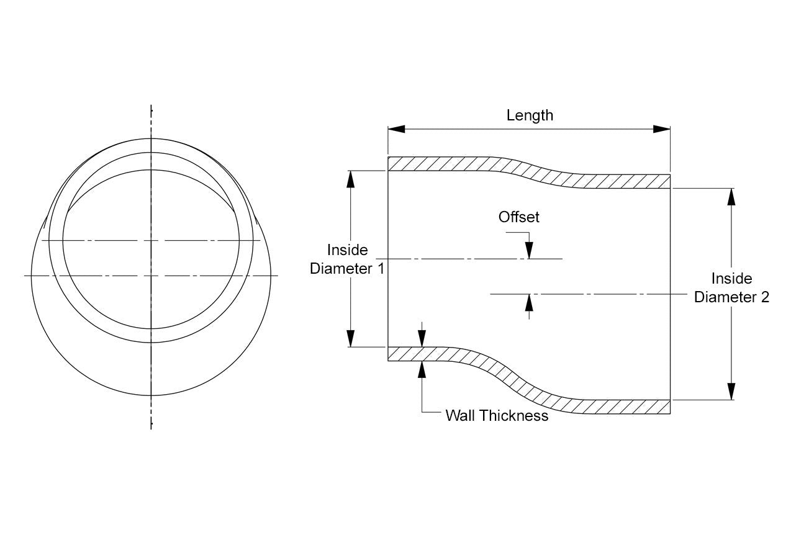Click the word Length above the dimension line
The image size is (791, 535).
click(x=530, y=116)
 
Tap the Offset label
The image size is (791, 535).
click(x=518, y=217)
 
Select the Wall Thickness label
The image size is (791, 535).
click(x=497, y=416)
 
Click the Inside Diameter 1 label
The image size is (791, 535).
click(x=347, y=259)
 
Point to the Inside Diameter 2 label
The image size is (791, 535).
click(x=731, y=288)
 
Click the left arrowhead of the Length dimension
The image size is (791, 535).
click(x=397, y=129)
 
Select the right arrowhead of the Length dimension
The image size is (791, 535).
click(x=661, y=129)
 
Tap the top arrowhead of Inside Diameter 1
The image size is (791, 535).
click(x=350, y=179)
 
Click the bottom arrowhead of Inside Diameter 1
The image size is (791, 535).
click(x=350, y=338)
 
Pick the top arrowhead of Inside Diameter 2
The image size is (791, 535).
click(x=731, y=197)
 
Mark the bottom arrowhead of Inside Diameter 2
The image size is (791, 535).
click(x=731, y=392)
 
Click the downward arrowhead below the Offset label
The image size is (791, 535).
click(x=529, y=250)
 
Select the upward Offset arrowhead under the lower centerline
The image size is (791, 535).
click(x=529, y=303)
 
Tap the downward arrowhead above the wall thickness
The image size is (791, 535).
click(x=422, y=338)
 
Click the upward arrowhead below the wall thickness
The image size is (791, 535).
click(x=422, y=369)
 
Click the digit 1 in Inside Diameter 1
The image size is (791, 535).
click(x=381, y=269)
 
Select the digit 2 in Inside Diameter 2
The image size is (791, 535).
click(x=765, y=297)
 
